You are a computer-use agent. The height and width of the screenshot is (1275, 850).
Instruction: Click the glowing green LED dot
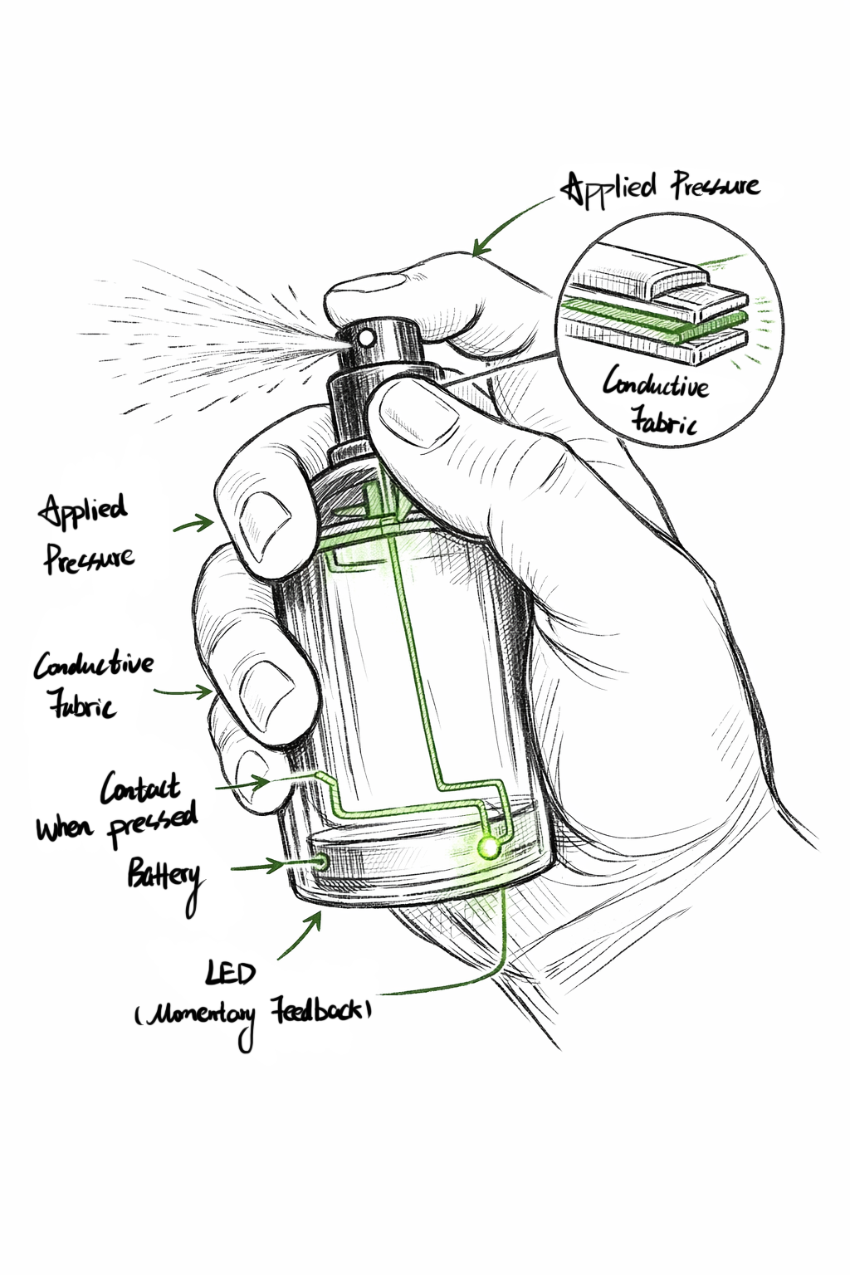coord(489,847)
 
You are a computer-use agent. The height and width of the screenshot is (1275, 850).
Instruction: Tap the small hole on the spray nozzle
coord(365,337)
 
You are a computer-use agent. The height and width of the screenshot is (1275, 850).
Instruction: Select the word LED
coord(231,972)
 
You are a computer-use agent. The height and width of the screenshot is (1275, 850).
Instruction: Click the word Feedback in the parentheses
coord(319,1010)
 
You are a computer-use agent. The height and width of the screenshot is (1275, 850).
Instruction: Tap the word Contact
coord(139,788)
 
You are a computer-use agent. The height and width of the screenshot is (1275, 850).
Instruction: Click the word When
coord(64,828)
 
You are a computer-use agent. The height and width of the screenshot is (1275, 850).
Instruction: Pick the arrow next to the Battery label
coord(257,867)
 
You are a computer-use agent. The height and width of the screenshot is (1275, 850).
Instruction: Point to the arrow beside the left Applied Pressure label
coord(194,525)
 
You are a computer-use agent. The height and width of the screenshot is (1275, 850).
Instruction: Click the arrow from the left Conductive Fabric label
coord(184,691)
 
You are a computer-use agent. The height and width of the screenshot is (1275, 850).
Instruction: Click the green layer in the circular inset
coord(656,320)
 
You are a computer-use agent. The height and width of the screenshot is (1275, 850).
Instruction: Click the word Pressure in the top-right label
coord(716,186)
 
